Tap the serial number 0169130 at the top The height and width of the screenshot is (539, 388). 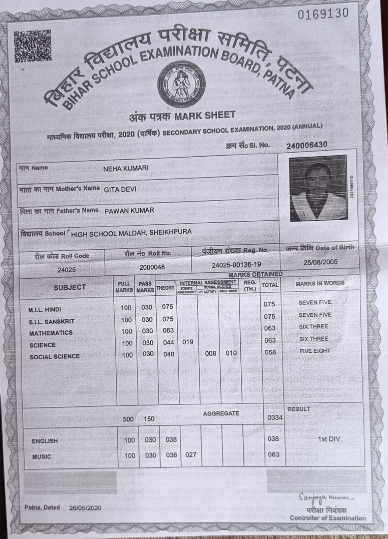coord(323,13)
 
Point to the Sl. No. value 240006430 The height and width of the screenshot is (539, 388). coord(306,145)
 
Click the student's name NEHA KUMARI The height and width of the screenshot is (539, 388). coord(126,168)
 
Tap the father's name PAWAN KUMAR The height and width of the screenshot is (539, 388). coord(129,211)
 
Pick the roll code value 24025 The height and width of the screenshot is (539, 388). coord(66,270)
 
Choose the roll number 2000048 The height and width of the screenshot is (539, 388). coord(152,267)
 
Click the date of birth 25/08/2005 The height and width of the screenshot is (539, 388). coord(321,262)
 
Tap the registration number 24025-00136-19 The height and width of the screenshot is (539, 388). coord(236,265)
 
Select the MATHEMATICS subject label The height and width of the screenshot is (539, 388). coord(51,333)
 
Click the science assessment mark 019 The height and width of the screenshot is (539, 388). coord(187,342)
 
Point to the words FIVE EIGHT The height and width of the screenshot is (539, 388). coord(315,351)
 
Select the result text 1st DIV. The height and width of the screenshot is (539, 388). coord(329,439)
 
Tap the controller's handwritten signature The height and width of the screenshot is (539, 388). coord(321,498)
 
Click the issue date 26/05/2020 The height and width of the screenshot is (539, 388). coord(85,508)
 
